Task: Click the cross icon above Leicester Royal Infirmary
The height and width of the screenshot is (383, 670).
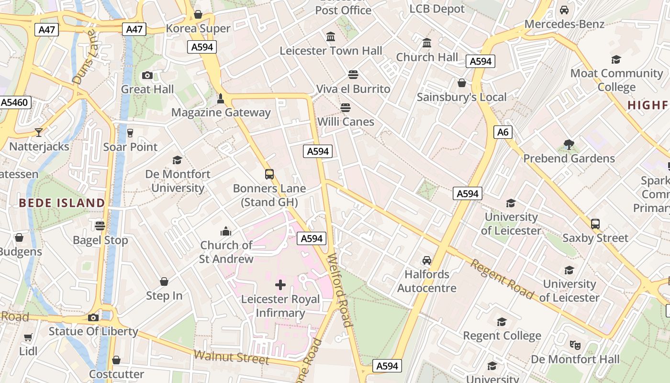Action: [x=280, y=285]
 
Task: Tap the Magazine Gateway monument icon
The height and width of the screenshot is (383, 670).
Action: [x=221, y=99]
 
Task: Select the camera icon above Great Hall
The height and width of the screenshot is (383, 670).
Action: [x=147, y=75]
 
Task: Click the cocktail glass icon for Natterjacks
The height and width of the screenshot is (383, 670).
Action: [x=39, y=133]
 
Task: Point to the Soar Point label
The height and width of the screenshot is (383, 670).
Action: [x=130, y=147]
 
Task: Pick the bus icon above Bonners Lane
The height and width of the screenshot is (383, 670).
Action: [x=269, y=174]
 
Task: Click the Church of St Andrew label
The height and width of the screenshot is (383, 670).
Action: [x=226, y=252]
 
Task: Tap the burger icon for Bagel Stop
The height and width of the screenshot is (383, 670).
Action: [x=100, y=225]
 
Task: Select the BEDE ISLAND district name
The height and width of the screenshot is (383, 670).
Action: [x=62, y=203]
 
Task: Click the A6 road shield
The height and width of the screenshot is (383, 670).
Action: [x=502, y=132]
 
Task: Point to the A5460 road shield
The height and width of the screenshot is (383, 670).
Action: [x=15, y=102]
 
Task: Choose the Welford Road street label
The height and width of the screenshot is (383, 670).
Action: [x=340, y=290]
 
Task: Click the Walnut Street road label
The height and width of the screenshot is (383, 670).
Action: [x=231, y=357]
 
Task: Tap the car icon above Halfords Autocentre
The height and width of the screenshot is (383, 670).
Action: [x=427, y=260]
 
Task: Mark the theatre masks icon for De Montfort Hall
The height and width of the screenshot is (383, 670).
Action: [x=575, y=345]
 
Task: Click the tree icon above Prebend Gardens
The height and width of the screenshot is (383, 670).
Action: [x=569, y=144]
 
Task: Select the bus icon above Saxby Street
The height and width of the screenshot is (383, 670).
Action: [x=595, y=224]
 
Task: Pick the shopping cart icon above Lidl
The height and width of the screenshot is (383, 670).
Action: [x=28, y=338]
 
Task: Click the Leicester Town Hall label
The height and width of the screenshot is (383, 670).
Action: [x=331, y=51]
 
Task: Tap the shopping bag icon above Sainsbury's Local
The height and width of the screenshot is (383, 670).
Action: [x=462, y=83]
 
